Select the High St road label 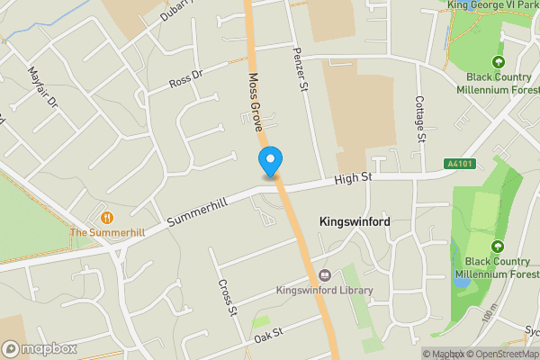tap(353, 180)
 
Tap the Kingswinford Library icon tap(324, 275)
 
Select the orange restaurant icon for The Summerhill tap(107, 217)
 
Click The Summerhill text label tap(107, 233)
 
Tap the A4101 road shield tap(458, 164)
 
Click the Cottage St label tap(420, 119)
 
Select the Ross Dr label tap(186, 80)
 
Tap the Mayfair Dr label tap(42, 87)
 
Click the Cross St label tap(226, 297)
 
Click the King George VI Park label tap(493, 5)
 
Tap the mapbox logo tap(38, 348)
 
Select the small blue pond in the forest tap(462, 282)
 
